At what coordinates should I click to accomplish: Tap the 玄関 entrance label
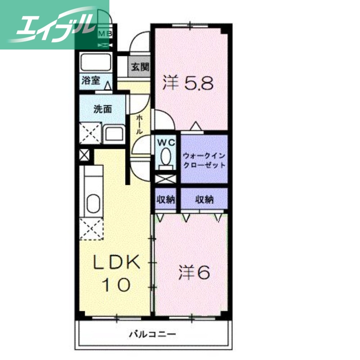coord(139,67)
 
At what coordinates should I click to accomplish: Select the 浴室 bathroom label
coord(91,81)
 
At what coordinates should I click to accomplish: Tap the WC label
coord(166,142)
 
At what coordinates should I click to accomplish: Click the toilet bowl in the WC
coord(166,157)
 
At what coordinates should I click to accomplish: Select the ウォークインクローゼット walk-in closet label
coord(204,160)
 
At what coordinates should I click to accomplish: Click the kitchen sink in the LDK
coord(93,203)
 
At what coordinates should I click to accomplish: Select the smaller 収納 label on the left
coord(166,199)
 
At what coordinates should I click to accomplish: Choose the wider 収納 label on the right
coord(204,199)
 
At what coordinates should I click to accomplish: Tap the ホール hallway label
coord(139,124)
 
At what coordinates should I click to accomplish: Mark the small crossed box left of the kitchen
coord(84,156)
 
